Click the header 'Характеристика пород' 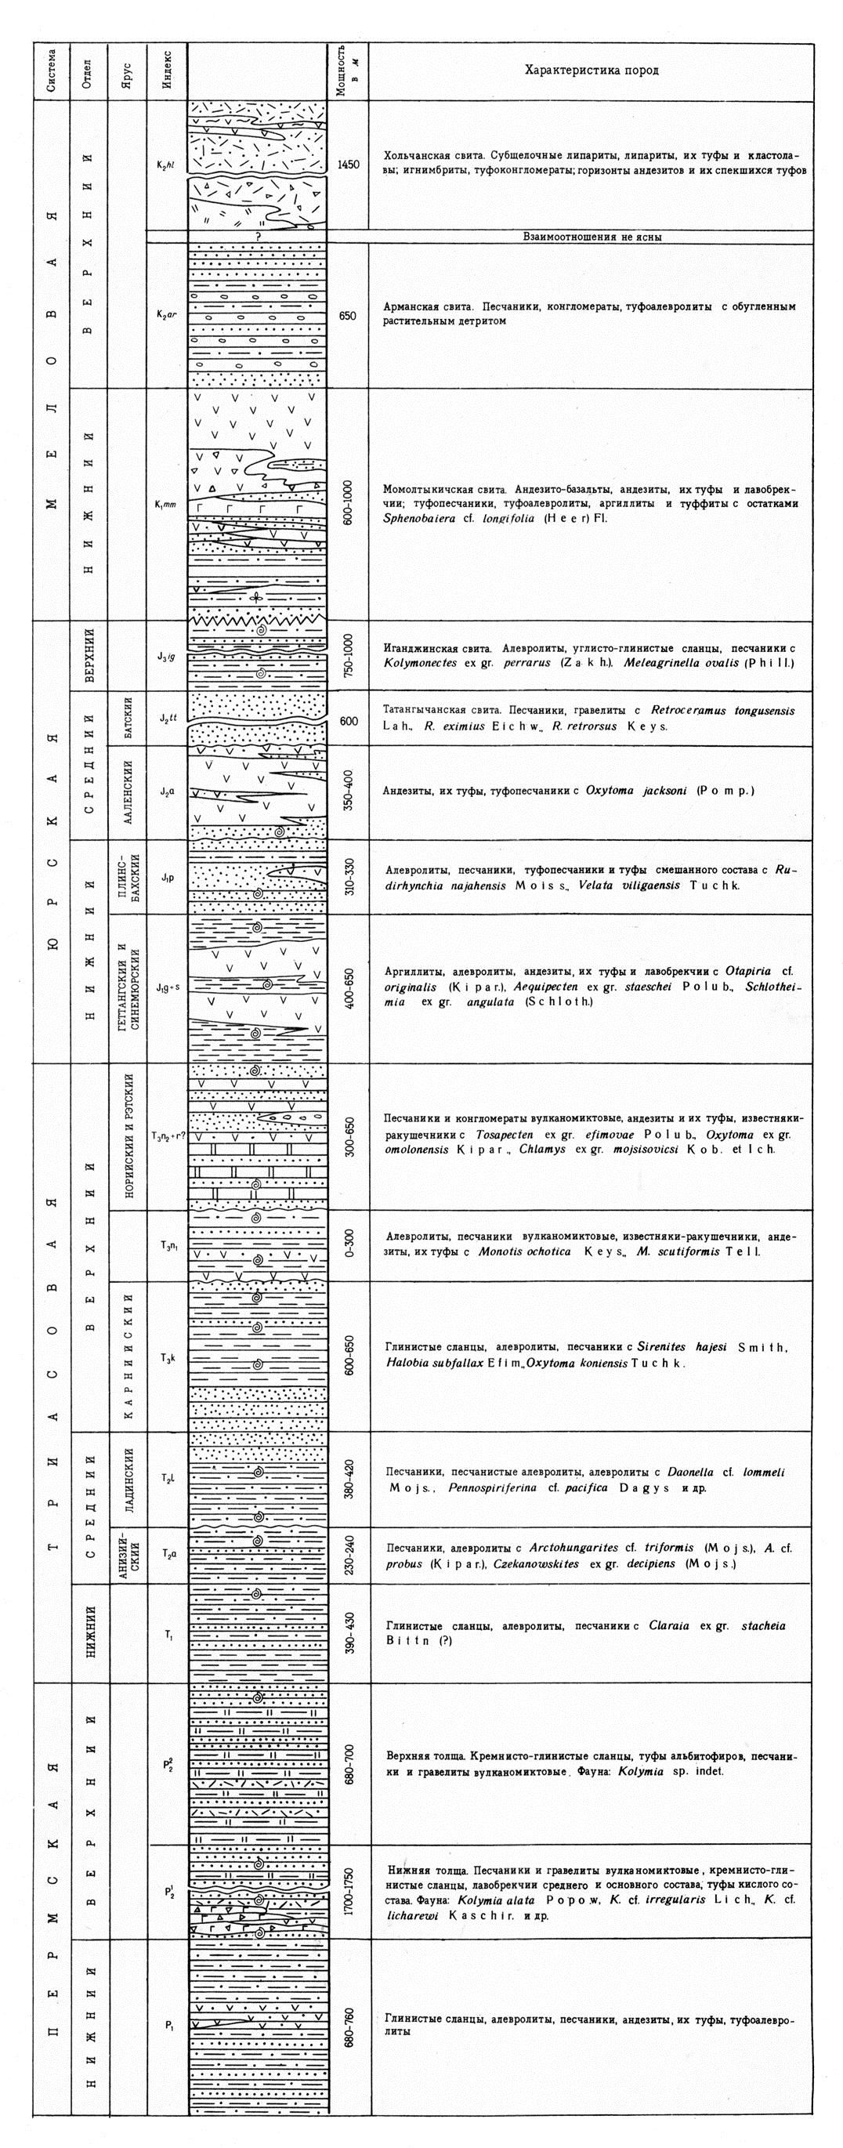[592, 71]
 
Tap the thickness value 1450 [349, 165]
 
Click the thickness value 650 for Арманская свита [349, 315]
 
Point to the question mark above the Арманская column [259, 237]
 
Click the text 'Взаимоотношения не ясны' [592, 237]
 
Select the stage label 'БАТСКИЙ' [128, 719]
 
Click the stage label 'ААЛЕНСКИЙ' [128, 792]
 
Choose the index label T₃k [167, 1357]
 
